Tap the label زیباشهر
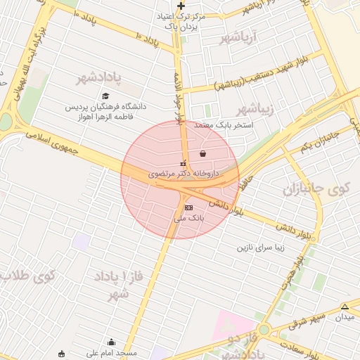252,108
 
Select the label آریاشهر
239,36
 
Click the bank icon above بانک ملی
188,208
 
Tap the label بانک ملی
188,219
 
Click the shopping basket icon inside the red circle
203,153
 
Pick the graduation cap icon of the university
105,96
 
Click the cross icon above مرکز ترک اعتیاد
181,6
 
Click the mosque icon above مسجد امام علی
111,342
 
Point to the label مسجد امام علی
113,353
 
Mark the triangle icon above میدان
345,307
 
